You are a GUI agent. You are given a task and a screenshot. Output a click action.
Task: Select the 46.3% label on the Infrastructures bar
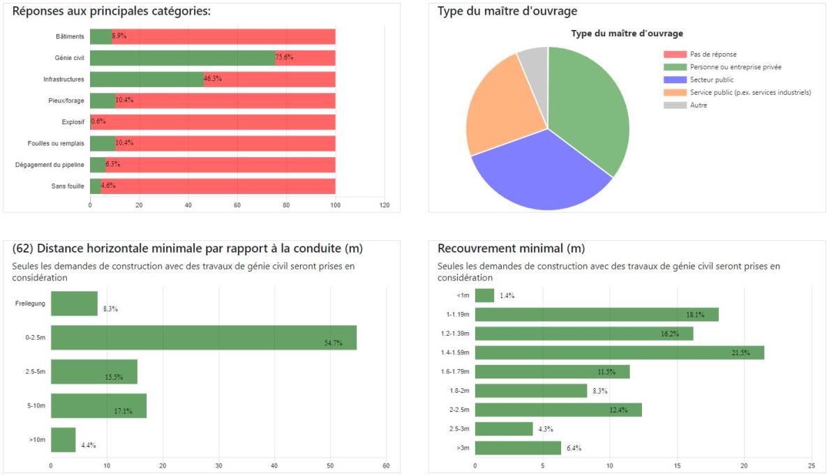[212, 79]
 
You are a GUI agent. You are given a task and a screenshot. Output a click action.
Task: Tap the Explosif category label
[73, 122]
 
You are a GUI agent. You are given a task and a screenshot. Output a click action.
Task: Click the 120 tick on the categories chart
[384, 205]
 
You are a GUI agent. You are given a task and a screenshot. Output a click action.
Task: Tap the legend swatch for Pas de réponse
[674, 54]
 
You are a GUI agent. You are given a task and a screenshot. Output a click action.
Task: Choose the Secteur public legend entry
[711, 80]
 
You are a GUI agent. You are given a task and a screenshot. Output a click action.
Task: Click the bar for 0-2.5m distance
[203, 337]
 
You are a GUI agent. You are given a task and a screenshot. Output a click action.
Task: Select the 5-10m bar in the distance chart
[98, 406]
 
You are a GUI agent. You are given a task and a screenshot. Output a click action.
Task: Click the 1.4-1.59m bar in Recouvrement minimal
[618, 352]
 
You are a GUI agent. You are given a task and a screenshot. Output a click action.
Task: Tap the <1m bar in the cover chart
[484, 296]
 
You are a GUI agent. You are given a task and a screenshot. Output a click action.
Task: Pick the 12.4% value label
[618, 410]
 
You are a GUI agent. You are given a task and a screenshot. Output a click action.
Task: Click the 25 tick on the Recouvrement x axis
[811, 465]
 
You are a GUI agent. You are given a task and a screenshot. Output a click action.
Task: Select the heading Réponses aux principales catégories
[112, 12]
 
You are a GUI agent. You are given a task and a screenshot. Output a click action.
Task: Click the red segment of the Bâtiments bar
[223, 36]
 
